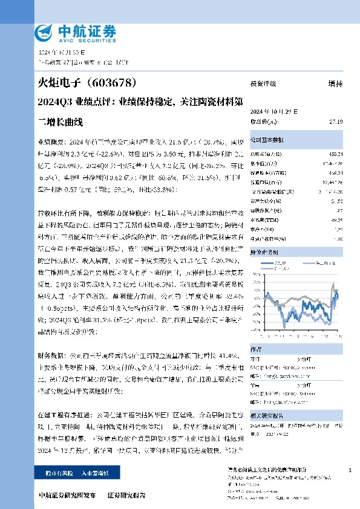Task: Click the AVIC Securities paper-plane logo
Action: pyautogui.click(x=46, y=31)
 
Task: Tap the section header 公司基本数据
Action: pyautogui.click(x=266, y=138)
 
